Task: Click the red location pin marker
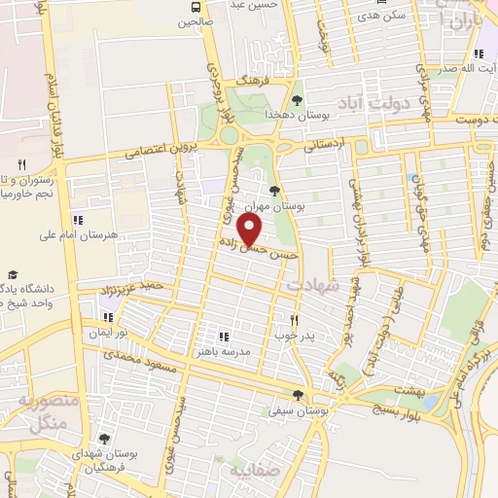click(251, 230)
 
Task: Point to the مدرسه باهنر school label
click(250, 351)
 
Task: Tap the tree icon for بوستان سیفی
click(298, 395)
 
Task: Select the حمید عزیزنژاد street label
click(136, 289)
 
